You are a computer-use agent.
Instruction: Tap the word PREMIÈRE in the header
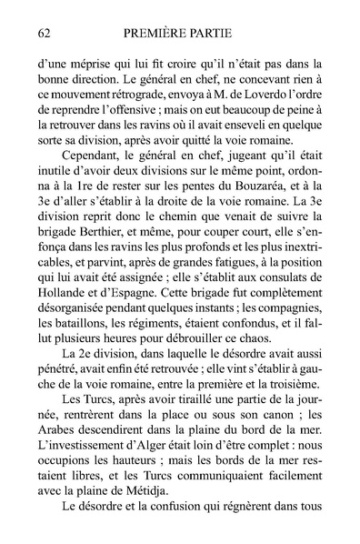[150, 35]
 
